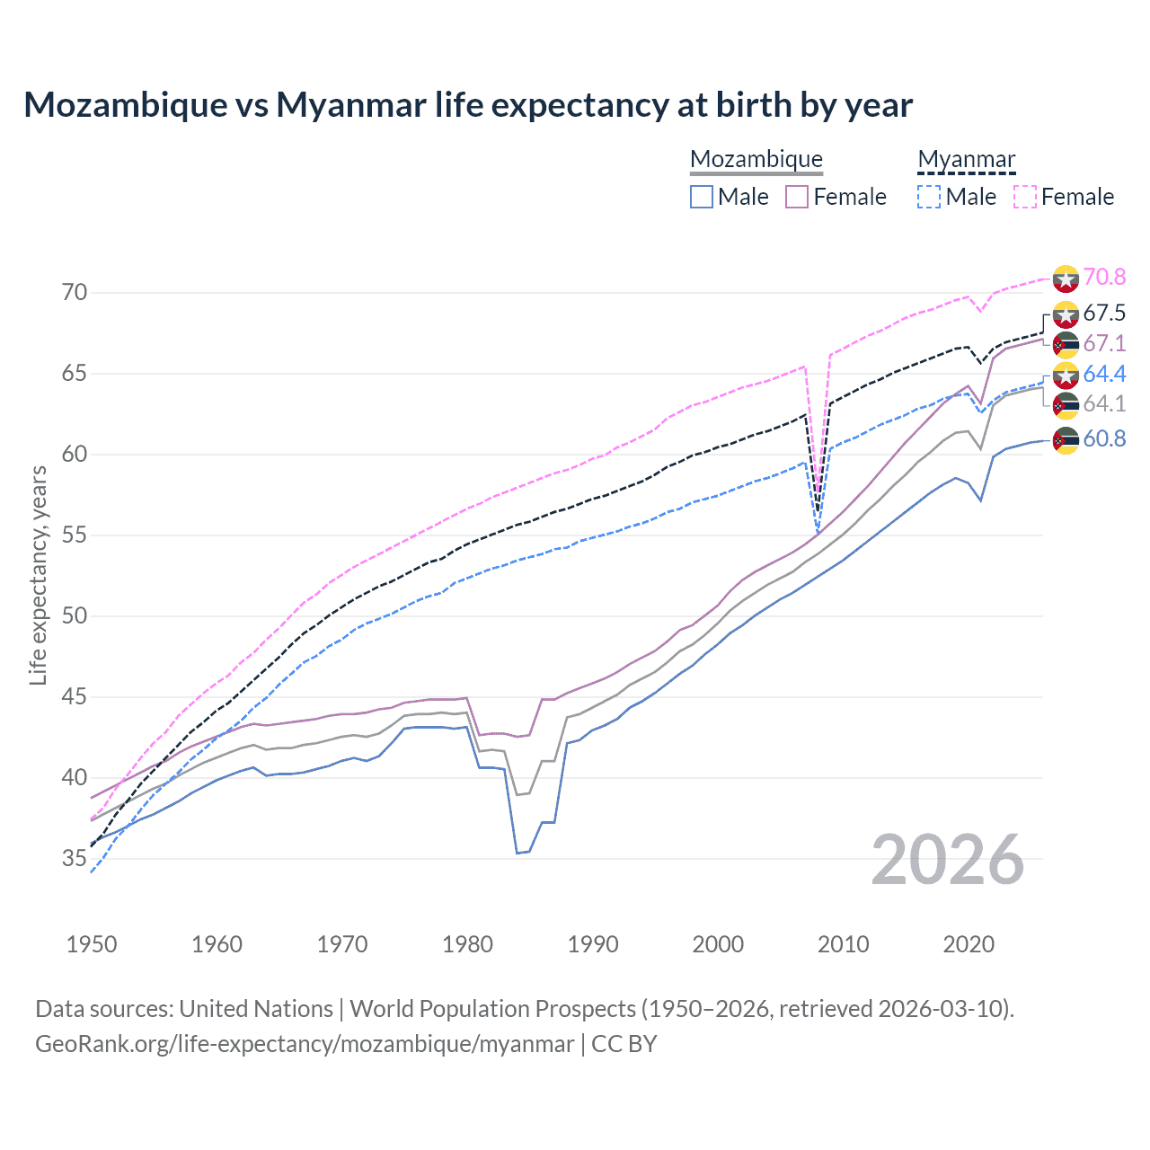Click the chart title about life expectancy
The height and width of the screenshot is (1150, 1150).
(x=468, y=105)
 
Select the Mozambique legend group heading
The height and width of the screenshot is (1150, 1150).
(x=756, y=159)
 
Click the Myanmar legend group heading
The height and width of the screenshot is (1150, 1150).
(x=966, y=159)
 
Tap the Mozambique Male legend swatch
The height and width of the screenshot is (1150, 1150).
(x=702, y=197)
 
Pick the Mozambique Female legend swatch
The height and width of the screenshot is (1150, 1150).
(x=797, y=197)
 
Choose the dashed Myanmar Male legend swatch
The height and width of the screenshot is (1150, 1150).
(x=929, y=197)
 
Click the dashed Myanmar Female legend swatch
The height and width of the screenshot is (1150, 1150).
(x=1025, y=197)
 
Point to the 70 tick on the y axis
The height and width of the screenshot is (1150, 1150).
(x=75, y=293)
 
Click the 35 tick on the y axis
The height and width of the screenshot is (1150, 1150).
(x=75, y=859)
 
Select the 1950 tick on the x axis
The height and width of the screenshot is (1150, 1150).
(x=92, y=944)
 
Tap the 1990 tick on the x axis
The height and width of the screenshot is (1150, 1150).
(x=593, y=944)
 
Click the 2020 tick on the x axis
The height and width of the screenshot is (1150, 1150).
(x=969, y=944)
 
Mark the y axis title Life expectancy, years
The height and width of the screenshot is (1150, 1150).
(x=38, y=575)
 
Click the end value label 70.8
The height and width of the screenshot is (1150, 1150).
(x=1104, y=278)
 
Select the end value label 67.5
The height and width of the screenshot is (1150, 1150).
(x=1104, y=314)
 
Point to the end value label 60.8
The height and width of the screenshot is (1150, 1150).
(x=1104, y=439)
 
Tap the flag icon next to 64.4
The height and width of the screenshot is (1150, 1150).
(x=1066, y=376)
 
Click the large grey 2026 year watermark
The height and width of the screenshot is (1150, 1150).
(x=948, y=860)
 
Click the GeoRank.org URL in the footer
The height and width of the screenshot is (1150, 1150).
(x=305, y=1044)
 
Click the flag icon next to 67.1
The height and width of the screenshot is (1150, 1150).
(x=1066, y=344)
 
